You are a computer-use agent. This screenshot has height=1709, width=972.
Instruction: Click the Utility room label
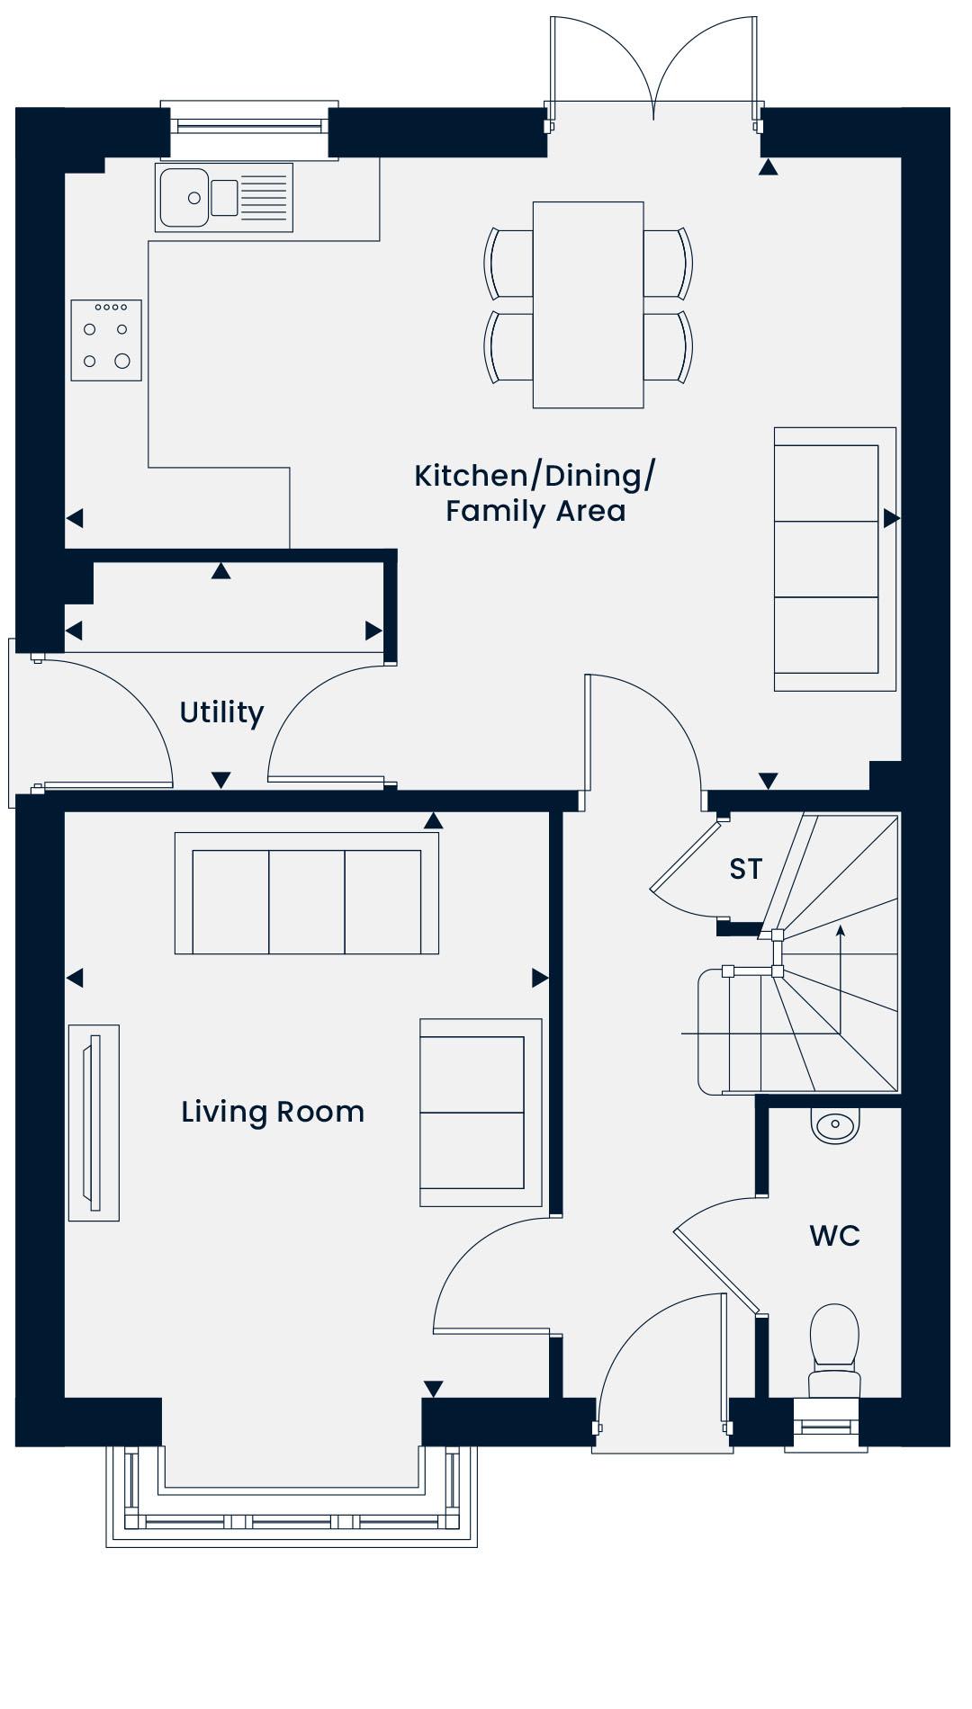click(x=221, y=712)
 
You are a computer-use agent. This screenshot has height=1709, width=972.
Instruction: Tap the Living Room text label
click(x=273, y=1112)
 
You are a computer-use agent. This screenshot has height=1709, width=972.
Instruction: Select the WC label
click(x=834, y=1236)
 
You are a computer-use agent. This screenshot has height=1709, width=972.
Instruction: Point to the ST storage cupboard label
click(x=745, y=869)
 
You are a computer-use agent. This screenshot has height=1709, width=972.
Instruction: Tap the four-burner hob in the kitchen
click(x=106, y=340)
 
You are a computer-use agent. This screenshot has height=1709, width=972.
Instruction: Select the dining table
click(x=588, y=305)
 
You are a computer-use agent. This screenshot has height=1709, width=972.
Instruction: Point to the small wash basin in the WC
click(x=836, y=1125)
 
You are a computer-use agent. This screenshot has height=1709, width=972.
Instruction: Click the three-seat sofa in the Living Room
click(x=307, y=893)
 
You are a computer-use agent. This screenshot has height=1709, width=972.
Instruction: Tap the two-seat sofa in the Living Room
click(x=481, y=1113)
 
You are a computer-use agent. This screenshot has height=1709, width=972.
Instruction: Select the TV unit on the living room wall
click(x=94, y=1123)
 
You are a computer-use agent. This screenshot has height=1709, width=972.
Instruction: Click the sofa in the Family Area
click(x=835, y=559)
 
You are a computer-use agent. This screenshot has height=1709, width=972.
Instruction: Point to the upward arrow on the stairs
click(x=841, y=980)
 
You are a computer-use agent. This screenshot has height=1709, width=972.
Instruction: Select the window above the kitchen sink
click(x=249, y=125)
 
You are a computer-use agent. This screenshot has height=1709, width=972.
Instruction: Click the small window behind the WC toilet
click(x=825, y=1426)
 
